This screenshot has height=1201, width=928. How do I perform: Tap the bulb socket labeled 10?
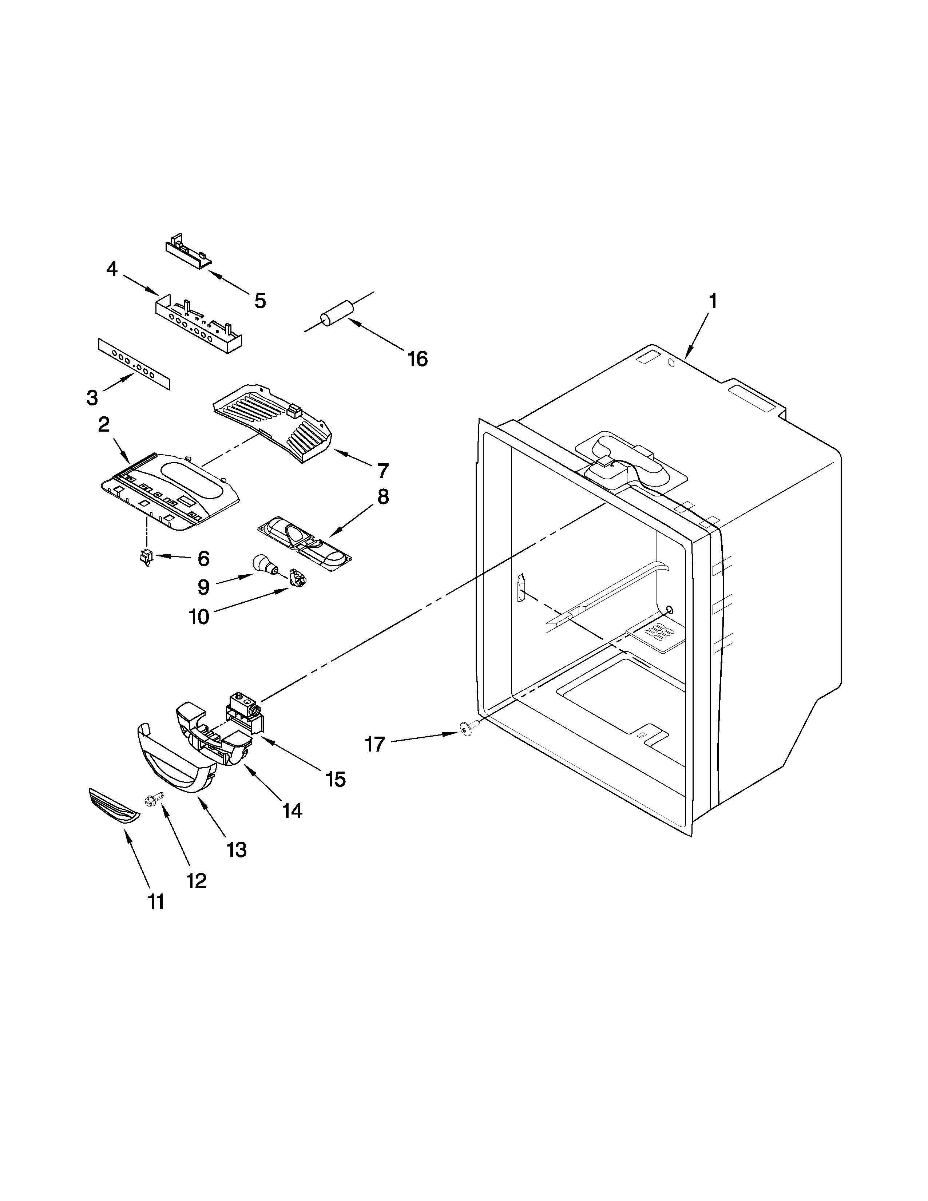pos(297,578)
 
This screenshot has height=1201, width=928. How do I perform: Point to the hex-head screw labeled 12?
pos(152,801)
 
